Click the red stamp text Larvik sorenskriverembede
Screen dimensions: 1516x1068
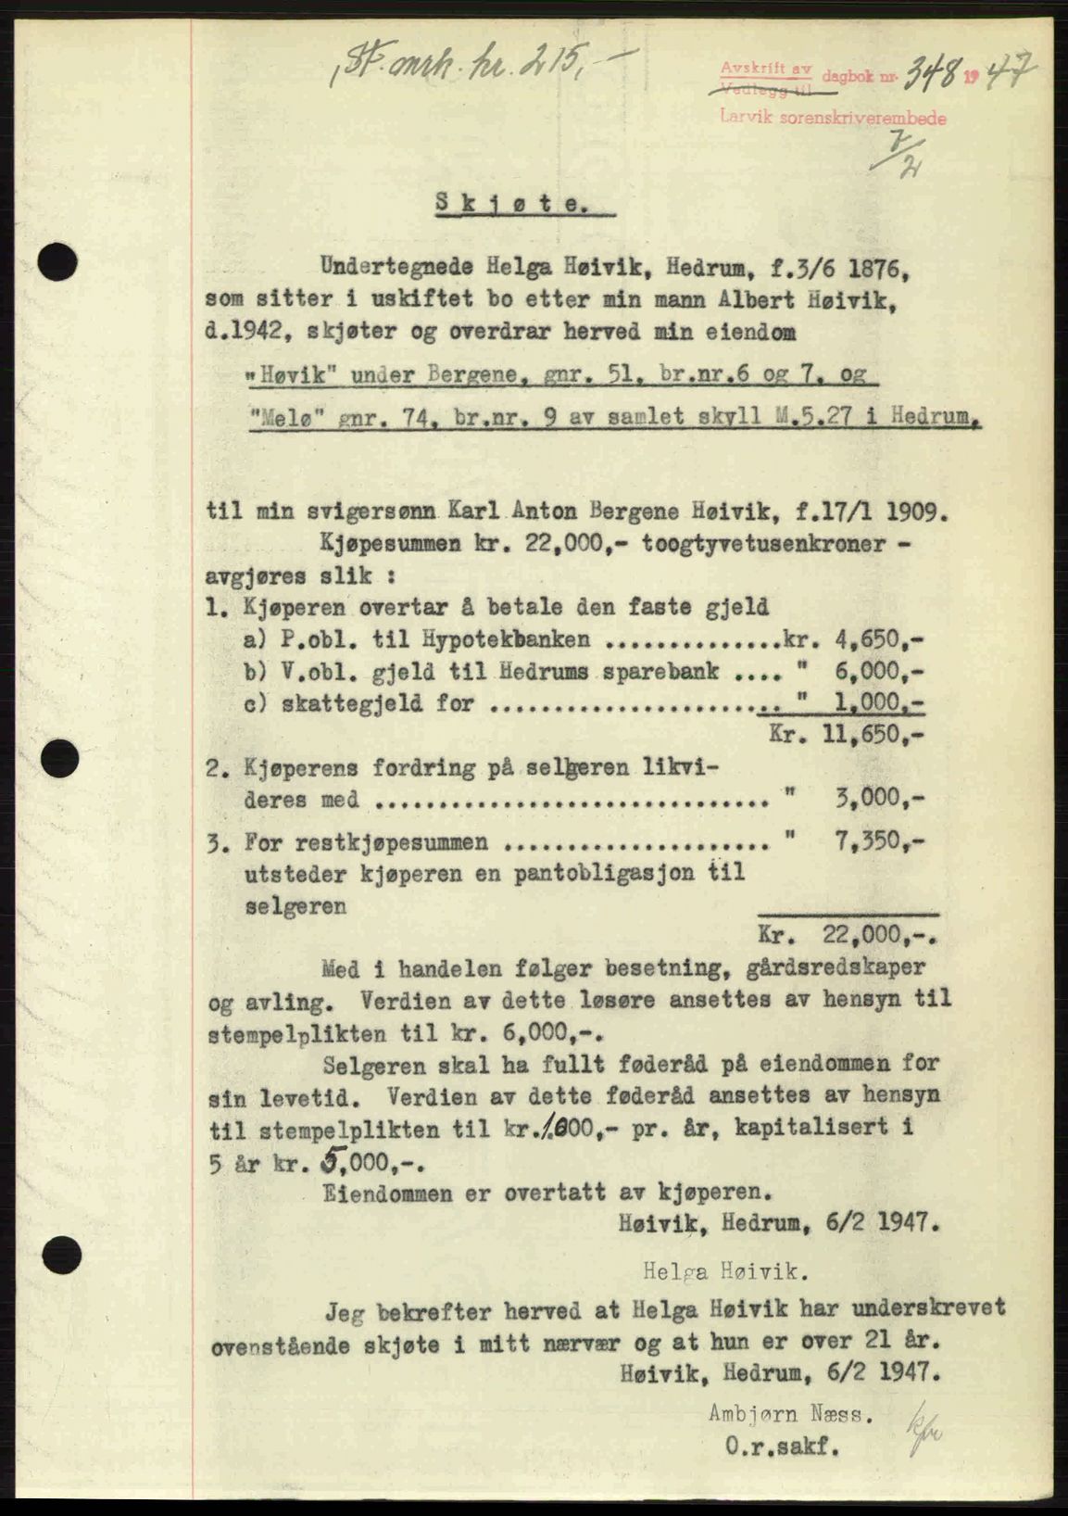(x=834, y=119)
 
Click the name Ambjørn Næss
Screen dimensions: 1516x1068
(x=788, y=1414)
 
